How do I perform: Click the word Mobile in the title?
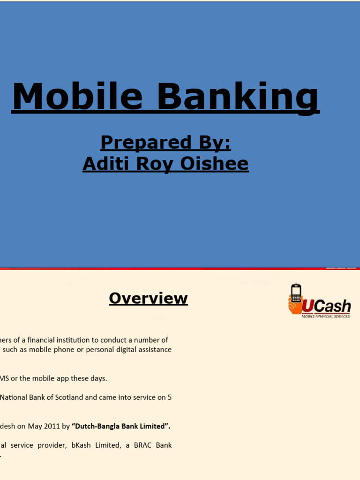[77, 97]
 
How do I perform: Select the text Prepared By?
[166, 142]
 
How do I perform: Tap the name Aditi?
[102, 164]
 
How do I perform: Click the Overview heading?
[148, 298]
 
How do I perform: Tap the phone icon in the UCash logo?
[295, 293]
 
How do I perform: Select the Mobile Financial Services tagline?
[325, 316]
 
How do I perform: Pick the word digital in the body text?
[128, 349]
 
